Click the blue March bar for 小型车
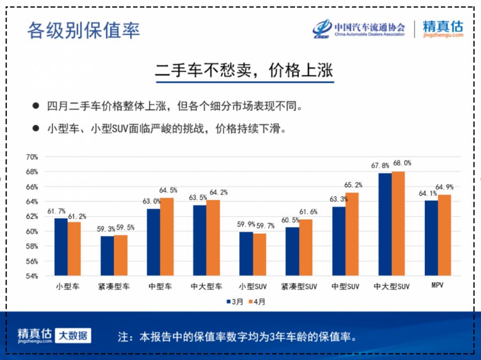coord(60,247)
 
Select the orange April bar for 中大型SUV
coord(398,224)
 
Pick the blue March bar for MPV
coord(431,238)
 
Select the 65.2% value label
coord(353,185)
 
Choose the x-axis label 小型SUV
coord(253,287)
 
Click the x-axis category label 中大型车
coord(206,287)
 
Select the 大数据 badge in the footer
coord(73,335)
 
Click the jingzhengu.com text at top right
coord(443,35)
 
